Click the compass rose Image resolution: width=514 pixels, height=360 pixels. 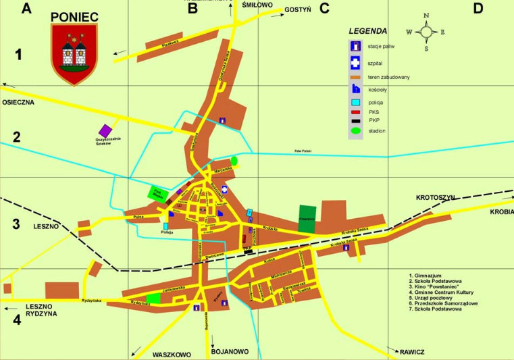click(426, 31)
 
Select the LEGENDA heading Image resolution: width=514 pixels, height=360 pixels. click(368, 31)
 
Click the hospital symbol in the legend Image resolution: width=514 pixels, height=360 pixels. click(353, 63)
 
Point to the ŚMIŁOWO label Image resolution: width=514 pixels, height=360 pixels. click(257, 5)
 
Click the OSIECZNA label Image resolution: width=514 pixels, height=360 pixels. click(17, 103)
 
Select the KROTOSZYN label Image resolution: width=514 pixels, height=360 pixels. click(436, 197)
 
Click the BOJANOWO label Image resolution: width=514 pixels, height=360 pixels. click(230, 352)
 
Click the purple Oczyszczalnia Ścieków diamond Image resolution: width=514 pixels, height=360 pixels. click(105, 130)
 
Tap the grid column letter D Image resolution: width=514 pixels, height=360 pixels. click(478, 8)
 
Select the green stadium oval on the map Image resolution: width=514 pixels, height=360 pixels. click(234, 161)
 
